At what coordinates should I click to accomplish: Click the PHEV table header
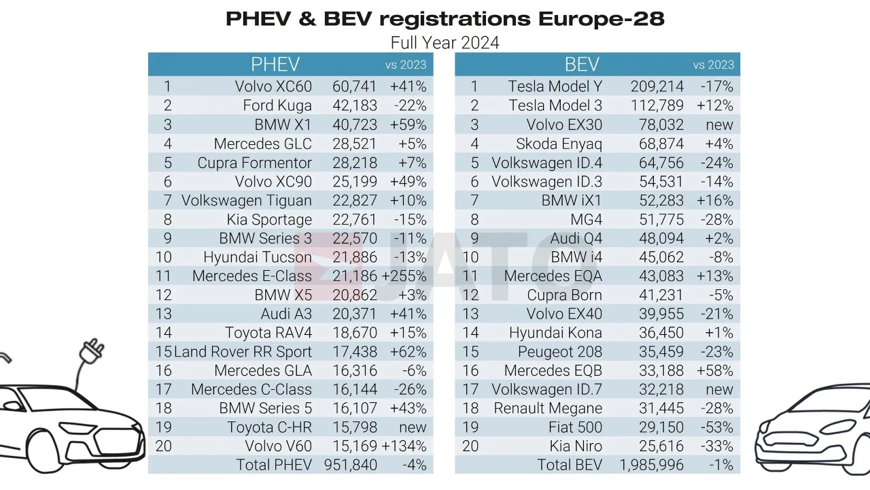275,65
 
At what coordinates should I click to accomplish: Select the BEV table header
582,65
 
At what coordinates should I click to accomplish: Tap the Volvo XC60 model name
273,86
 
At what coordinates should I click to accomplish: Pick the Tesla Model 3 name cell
555,105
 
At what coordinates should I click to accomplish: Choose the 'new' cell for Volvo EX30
719,125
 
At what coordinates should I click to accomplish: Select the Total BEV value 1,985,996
651,465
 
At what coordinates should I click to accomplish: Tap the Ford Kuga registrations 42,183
354,105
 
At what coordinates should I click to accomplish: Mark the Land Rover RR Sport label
243,352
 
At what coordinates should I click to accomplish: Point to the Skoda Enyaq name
559,144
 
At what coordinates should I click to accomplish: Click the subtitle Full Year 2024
445,43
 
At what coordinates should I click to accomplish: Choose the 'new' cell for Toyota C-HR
413,427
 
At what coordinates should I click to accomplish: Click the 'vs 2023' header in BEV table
713,65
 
